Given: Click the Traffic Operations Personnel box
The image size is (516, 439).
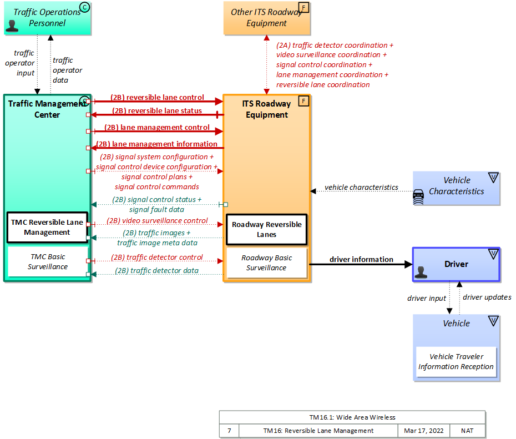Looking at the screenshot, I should coord(47,18).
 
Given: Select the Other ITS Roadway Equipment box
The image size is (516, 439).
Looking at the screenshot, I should coord(266,18).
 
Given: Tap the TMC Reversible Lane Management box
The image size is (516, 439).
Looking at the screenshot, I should coord(47,227).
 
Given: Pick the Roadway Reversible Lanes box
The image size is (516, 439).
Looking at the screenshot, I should coord(266,229).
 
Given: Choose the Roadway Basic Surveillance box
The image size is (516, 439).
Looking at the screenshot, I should coord(266,263).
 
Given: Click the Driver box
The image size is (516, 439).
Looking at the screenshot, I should coord(456,264).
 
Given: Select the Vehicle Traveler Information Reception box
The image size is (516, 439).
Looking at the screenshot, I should coord(456,362).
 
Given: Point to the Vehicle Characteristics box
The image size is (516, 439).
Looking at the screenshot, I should coord(456,186).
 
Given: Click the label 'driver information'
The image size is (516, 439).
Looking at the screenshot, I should coord(361,259).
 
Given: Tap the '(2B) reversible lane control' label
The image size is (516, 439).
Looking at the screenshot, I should coord(157,98).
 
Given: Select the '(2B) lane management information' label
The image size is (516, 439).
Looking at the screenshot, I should coord(157,144).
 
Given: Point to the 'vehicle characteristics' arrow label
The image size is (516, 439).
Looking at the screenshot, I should coord(361,187).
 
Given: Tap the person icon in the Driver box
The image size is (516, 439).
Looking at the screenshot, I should coord(421,272).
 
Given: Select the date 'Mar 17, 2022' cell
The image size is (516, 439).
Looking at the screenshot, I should coord(424,431).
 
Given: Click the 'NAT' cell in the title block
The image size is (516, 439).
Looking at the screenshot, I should coord(467,431).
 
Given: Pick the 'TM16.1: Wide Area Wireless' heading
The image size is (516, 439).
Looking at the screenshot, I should coord(352,417).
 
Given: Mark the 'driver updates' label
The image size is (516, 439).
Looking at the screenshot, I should coord(487,297).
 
